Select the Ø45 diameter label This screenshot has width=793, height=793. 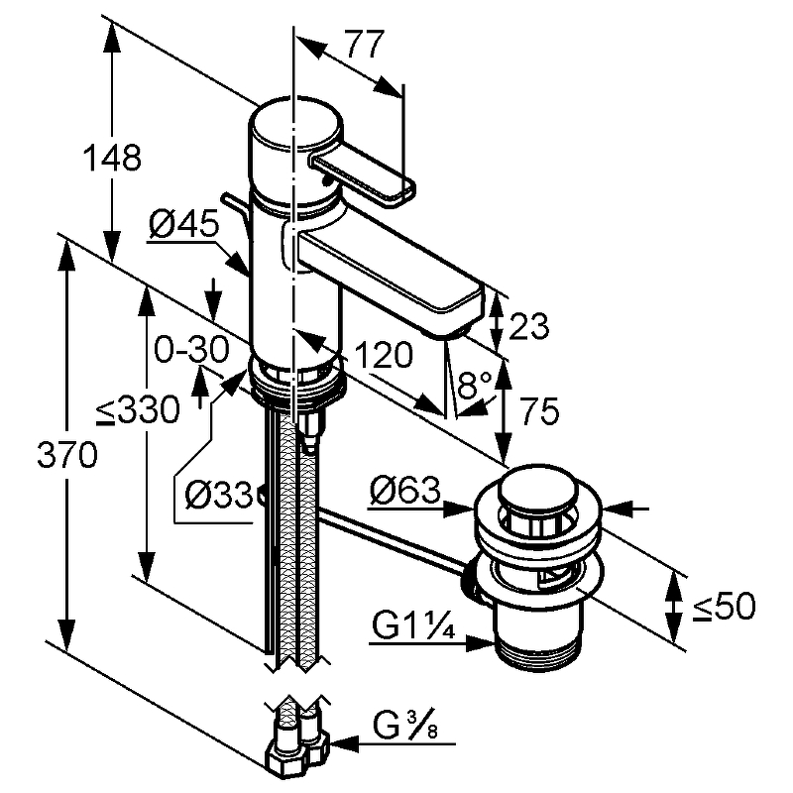(183, 226)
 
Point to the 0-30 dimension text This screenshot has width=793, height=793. (191, 349)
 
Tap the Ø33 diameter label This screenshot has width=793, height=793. (218, 492)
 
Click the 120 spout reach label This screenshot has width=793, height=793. (381, 354)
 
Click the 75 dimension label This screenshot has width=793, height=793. (537, 409)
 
